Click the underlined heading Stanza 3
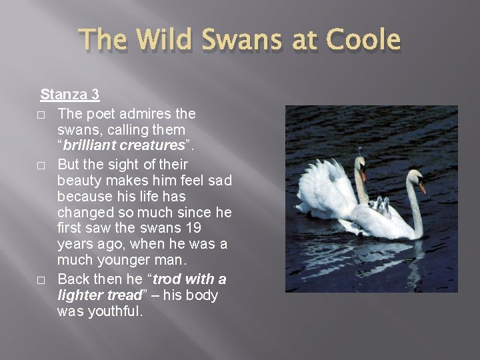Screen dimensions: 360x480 click(71, 95)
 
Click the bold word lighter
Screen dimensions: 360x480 click(83, 295)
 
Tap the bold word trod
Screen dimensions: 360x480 click(169, 279)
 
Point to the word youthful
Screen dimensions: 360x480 click(115, 311)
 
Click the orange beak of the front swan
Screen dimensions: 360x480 click(421, 187)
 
